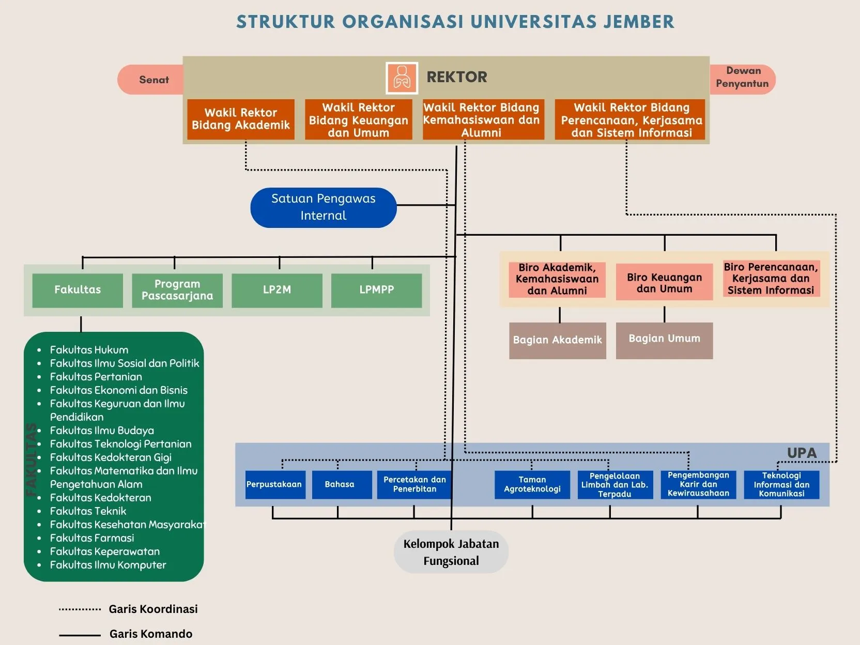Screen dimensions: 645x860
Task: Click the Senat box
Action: tap(152, 80)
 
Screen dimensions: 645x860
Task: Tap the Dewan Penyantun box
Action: tap(742, 78)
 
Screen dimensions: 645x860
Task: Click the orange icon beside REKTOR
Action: tap(402, 78)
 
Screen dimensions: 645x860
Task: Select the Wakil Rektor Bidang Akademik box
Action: tap(241, 119)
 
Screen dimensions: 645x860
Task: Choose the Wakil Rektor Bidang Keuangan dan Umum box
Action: tap(358, 120)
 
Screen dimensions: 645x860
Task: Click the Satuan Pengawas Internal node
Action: tap(323, 207)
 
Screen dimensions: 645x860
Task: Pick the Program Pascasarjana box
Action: tap(177, 290)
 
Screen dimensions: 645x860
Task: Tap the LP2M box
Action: tap(277, 290)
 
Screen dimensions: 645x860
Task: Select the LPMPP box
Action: tap(376, 290)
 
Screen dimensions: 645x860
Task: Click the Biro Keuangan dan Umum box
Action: tap(664, 283)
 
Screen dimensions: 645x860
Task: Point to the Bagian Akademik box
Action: tap(557, 340)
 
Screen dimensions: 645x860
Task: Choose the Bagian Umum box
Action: tap(664, 340)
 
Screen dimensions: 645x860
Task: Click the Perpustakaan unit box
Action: tap(274, 485)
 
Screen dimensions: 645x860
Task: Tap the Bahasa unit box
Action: tap(340, 485)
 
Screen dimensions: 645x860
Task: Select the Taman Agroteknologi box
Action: tap(532, 485)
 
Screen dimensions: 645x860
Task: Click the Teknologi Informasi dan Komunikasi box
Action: tap(781, 485)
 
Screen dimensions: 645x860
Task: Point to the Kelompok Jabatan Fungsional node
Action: tap(451, 552)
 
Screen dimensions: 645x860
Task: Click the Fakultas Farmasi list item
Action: tap(92, 538)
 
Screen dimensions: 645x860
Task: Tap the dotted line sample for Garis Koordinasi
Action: tap(80, 609)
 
